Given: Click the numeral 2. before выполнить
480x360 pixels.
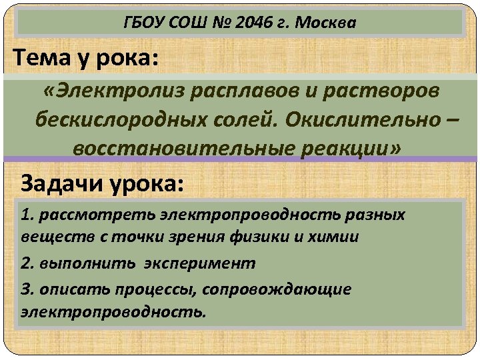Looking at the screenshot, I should [x=27, y=263].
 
